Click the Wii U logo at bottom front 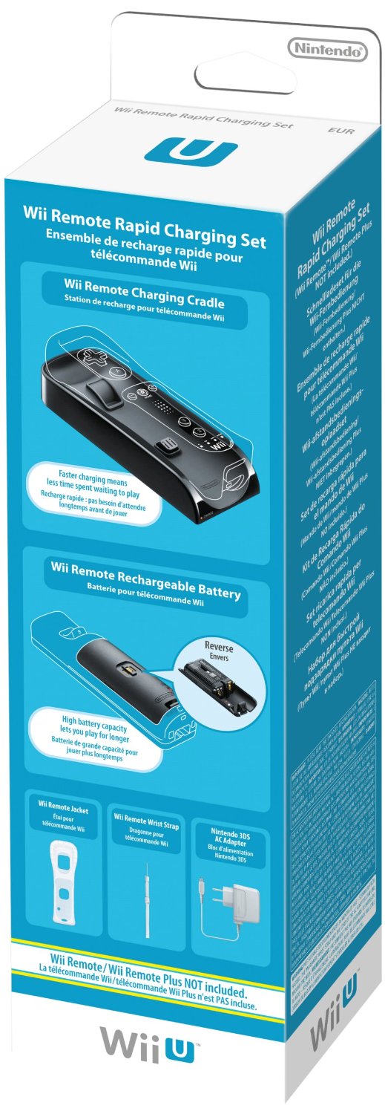(x=150, y=1048)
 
